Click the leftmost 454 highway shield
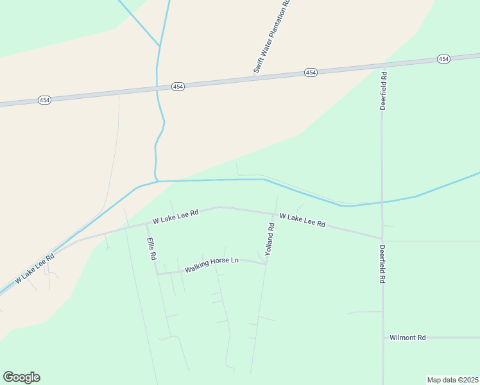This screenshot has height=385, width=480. pos(44,100)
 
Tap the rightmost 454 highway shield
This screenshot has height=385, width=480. pos(443,59)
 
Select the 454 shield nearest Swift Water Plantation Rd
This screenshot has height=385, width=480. pos(311,73)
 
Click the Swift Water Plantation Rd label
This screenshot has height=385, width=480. pos(271,37)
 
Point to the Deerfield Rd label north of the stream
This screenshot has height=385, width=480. pos(383,90)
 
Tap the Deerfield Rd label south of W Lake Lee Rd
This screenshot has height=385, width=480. pos(382,264)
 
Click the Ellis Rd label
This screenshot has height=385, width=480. pos(152,249)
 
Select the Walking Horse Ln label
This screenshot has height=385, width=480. pos(211,265)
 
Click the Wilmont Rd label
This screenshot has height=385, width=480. pos(407,337)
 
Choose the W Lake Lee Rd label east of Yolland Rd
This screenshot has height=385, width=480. pos(302,221)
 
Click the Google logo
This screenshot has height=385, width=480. pos(21,377)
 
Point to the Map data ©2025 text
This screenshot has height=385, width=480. pos(452,379)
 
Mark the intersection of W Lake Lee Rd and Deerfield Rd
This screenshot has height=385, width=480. pos(382,238)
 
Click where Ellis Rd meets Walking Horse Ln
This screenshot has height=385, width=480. pos(157,274)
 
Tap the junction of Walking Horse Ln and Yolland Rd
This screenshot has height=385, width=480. pos(266,263)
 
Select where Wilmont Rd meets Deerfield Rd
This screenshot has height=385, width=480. pos(383,337)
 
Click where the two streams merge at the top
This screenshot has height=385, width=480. pos(159,46)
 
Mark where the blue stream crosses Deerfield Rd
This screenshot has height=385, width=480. pos(382,202)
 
